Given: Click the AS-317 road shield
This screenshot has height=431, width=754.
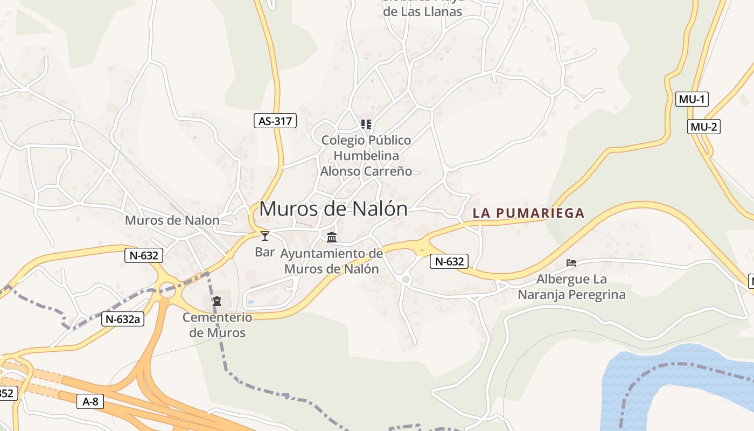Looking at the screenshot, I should (275, 121).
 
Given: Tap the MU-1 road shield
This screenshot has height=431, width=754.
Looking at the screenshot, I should (692, 99).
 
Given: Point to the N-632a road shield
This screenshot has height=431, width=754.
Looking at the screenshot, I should (123, 319).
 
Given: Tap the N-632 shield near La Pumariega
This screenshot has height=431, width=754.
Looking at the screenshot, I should (449, 262).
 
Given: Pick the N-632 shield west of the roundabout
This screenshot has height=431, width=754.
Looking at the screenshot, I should (144, 255).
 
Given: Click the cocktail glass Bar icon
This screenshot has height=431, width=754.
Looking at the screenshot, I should (264, 235).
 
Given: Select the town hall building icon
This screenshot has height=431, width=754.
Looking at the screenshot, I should (332, 237).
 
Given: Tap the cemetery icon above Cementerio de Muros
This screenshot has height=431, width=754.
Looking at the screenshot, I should (217, 301).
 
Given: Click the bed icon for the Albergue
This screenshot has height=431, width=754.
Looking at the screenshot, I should (571, 263).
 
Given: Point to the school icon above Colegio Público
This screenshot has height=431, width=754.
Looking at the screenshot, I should (366, 125).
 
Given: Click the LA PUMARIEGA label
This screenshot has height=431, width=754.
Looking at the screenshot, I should (528, 213).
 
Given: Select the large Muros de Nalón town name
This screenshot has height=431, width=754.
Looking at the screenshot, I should (333, 209).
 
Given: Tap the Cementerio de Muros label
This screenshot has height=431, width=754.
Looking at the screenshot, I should (217, 325).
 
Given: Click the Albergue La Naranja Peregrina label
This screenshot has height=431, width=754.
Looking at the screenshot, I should (571, 287).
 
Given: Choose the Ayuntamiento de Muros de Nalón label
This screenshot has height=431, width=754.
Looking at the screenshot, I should (332, 261).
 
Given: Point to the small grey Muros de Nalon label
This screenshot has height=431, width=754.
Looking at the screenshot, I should (172, 220).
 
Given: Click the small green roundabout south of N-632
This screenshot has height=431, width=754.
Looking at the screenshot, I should (406, 279).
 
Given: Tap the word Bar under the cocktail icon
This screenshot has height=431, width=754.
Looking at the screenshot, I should (264, 252).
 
